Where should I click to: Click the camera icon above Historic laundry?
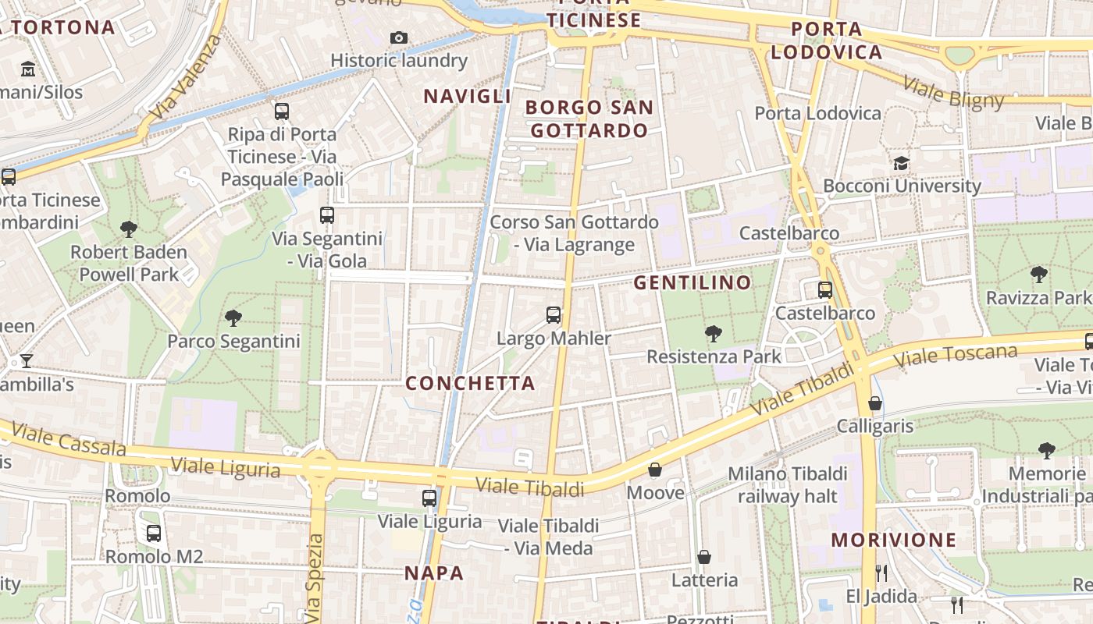[x=399, y=37]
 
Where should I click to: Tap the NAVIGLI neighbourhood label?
[x=467, y=96]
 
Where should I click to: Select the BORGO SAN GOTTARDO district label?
[x=589, y=119]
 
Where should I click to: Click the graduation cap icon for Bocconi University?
[x=902, y=164]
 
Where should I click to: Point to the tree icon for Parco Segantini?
[x=233, y=317]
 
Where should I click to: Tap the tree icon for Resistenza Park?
[x=713, y=334]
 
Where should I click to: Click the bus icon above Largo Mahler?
[x=554, y=315]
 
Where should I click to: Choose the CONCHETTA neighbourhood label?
[x=470, y=383]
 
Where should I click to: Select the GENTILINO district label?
[x=692, y=282]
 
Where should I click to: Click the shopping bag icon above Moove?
[x=655, y=470]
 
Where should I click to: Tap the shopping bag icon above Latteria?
[x=704, y=557]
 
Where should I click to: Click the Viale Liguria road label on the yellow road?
[x=225, y=467]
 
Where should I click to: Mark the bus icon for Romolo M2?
[x=154, y=534]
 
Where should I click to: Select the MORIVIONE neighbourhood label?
[x=893, y=540]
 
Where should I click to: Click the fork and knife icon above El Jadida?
[x=881, y=573]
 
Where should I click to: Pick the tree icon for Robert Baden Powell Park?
[x=129, y=229]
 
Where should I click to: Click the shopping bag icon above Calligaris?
[x=875, y=403]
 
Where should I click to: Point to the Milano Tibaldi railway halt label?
[x=787, y=484]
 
